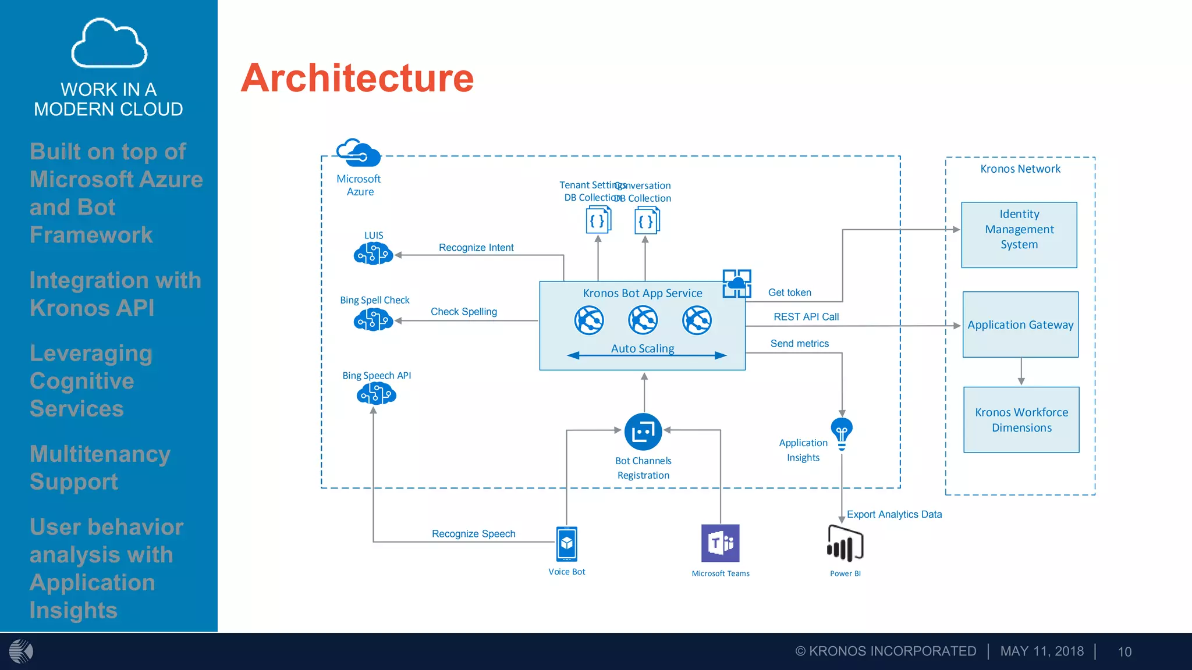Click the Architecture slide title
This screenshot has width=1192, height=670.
[357, 79]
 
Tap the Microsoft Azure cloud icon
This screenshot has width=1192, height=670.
[359, 153]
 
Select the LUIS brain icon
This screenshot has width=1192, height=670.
[373, 254]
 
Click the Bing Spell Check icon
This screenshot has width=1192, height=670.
[373, 319]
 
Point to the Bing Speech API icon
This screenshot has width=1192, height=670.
[376, 394]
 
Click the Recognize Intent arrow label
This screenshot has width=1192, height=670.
[476, 248]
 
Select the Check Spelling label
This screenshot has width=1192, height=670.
[463, 312]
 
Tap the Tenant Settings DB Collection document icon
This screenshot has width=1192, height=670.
[598, 221]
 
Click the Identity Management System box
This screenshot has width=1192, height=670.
[1019, 235]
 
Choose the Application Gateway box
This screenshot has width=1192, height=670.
[1020, 325]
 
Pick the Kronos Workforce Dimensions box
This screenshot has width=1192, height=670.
[1021, 419]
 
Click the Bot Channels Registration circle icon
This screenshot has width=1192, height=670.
[643, 432]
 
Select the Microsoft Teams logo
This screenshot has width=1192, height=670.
[720, 543]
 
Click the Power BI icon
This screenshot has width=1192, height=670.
[845, 544]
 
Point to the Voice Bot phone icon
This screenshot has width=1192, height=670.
[566, 544]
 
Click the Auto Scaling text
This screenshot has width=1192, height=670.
[643, 348]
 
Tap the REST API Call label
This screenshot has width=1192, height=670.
[806, 317]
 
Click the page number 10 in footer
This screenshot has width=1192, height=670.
[1124, 652]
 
